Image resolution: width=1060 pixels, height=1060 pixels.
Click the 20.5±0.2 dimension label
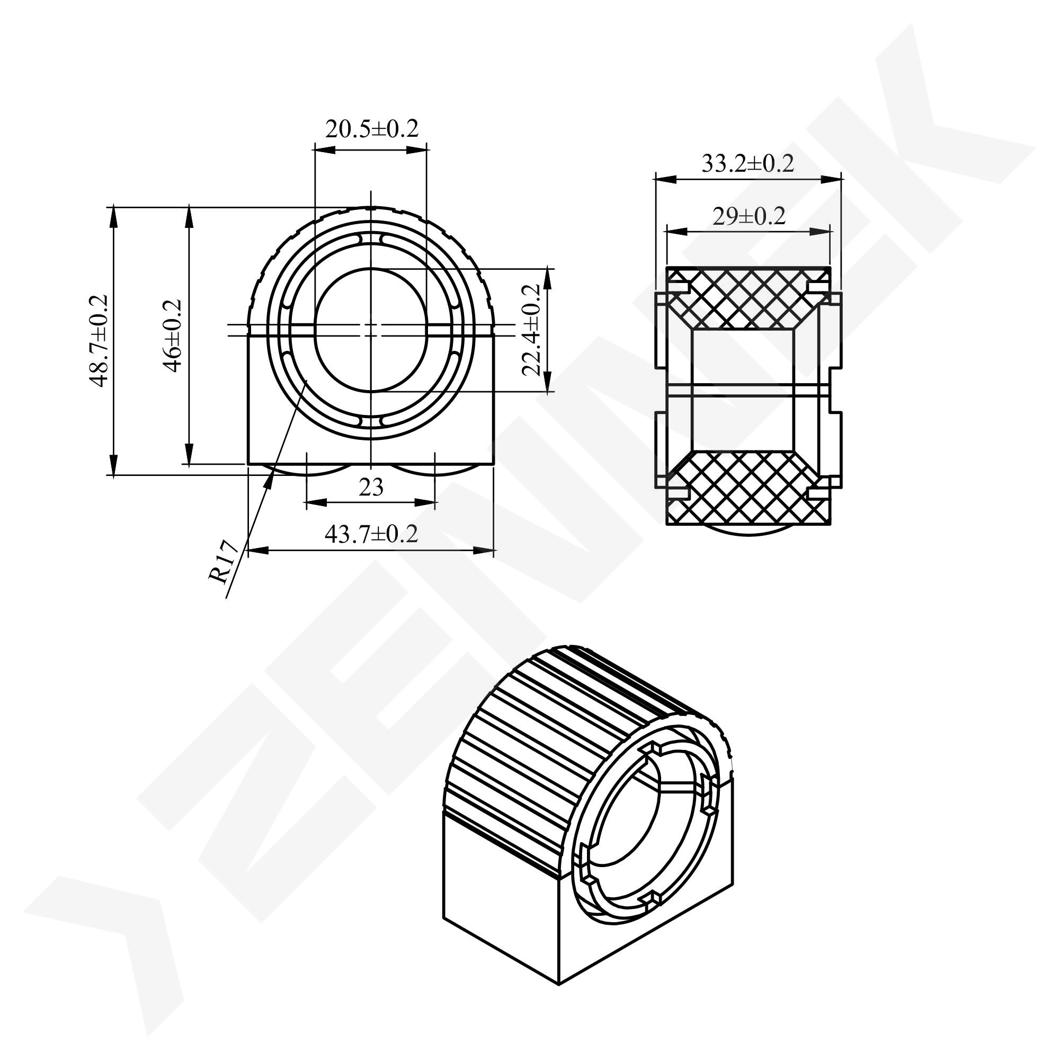tap(371, 129)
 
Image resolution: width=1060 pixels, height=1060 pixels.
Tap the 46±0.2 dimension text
tap(173, 335)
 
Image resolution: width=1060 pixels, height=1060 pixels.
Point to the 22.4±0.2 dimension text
tap(531, 330)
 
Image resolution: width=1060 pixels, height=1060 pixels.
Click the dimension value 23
tap(371, 488)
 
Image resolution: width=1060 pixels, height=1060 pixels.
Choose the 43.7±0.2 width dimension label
tap(371, 534)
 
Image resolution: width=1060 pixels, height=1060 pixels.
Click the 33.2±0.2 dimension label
tap(747, 164)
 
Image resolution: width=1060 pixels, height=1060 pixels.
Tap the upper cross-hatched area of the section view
tap(748, 296)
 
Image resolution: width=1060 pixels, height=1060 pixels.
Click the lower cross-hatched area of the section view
tap(748, 489)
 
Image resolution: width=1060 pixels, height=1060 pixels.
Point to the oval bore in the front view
tap(371, 330)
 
